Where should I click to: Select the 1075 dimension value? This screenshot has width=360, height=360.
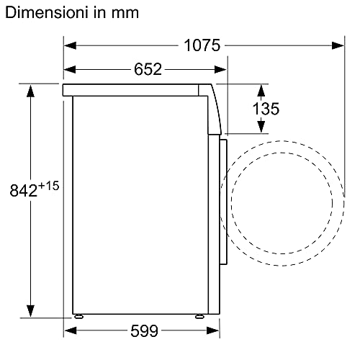[202, 45]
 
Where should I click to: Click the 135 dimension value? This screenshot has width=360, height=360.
[266, 109]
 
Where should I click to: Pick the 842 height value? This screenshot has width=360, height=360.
[24, 192]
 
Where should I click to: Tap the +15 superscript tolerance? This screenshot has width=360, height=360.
[48, 186]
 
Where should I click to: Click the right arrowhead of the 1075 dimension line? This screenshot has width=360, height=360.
[338, 45]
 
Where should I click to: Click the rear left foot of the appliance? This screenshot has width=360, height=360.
[77, 315]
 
